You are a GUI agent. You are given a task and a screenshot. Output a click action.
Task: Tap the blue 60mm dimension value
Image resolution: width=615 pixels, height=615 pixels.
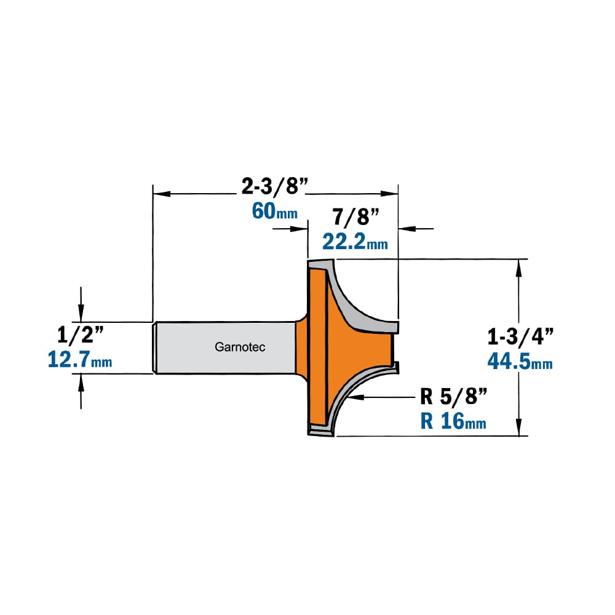[274, 211]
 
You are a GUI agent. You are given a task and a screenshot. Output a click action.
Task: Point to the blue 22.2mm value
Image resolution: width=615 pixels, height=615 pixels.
[355, 242]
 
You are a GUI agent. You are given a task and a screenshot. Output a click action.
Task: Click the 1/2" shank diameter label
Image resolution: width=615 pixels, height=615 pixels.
[81, 335]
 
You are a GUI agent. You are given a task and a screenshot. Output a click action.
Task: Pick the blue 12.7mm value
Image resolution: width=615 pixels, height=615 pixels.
[79, 360]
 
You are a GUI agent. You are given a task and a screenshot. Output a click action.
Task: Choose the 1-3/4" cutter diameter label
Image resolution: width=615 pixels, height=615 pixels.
[520, 336]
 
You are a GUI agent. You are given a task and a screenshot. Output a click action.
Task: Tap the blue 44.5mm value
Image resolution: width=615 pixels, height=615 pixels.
[520, 362]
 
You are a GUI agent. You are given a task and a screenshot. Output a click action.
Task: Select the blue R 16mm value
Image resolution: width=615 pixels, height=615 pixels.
[453, 422]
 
